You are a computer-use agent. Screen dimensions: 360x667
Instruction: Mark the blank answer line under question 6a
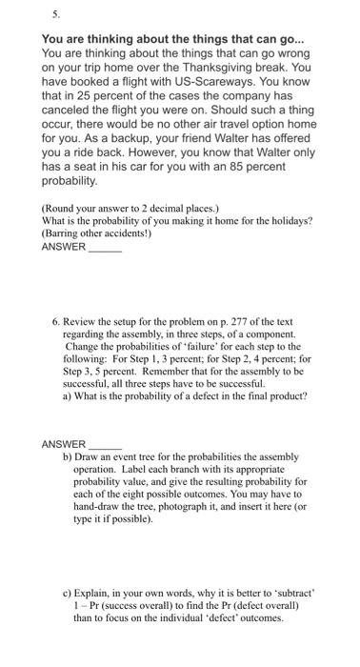105,445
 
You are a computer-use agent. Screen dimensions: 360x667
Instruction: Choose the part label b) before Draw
69,457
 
